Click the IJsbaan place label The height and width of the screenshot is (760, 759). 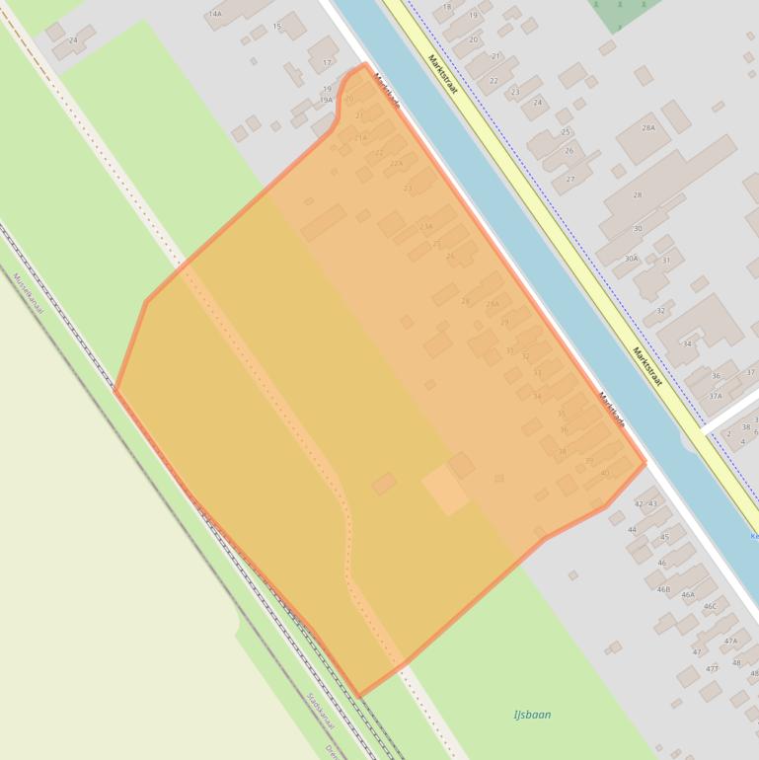point(532,715)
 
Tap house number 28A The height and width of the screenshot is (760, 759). point(648,128)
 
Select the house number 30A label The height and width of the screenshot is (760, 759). point(631,259)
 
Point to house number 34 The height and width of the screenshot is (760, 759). point(687,344)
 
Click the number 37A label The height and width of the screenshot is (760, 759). point(715,396)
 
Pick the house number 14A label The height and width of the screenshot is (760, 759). point(214,14)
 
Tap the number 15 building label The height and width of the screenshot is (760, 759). point(276,27)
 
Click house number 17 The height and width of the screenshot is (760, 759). point(327,63)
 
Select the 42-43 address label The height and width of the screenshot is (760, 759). point(645,504)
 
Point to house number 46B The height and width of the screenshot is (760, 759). point(663,589)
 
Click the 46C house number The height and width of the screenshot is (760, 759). point(710,607)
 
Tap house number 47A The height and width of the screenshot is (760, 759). point(730,642)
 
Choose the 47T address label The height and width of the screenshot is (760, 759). point(712,669)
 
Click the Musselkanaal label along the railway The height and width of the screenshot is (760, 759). point(29,294)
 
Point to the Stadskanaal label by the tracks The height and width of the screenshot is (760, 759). point(321,710)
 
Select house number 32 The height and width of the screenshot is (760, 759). point(660,311)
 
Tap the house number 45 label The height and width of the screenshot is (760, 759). point(665,538)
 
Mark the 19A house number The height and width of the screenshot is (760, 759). point(326,100)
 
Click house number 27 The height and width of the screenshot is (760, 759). point(569,180)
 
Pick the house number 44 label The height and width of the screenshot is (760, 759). point(633,530)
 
